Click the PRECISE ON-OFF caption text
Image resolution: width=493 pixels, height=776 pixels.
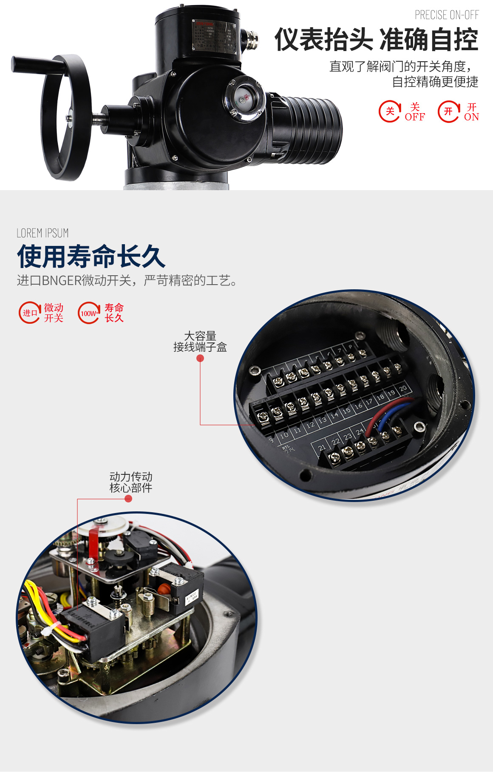(x=447, y=15)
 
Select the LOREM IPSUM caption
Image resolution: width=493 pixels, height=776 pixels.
(x=42, y=233)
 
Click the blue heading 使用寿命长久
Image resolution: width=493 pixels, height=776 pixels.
(x=91, y=257)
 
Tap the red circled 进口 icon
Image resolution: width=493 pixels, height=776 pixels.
(x=30, y=313)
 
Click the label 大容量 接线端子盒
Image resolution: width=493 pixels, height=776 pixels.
(x=200, y=342)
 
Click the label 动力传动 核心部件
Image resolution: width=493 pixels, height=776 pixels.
(x=131, y=482)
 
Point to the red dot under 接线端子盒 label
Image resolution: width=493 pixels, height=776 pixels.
(x=200, y=359)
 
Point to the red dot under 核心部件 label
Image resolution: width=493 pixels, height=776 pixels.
(x=128, y=499)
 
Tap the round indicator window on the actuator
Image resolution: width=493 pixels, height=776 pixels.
(x=244, y=98)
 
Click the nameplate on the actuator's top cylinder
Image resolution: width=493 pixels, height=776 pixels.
(x=214, y=35)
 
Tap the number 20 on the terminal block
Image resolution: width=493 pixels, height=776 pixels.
(x=403, y=388)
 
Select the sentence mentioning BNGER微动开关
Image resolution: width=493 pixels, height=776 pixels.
(x=127, y=280)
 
